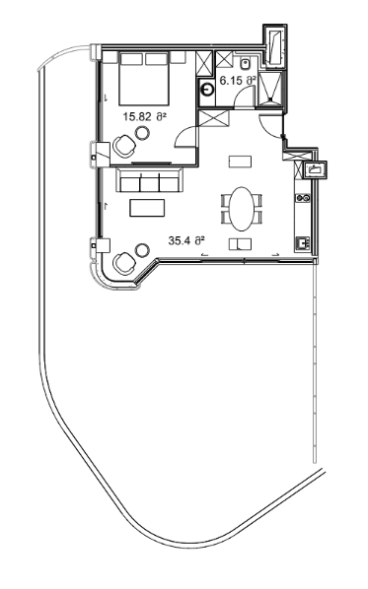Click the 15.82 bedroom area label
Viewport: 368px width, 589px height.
click(143, 116)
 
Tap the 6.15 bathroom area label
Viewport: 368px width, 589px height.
click(237, 79)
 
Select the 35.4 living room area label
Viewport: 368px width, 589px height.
click(185, 239)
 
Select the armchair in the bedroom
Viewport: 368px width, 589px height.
click(125, 146)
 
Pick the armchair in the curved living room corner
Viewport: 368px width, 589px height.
click(124, 264)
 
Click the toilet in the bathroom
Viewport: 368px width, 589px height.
click(244, 63)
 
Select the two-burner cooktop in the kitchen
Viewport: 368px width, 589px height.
click(304, 198)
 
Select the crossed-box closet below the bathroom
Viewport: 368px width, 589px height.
click(212, 119)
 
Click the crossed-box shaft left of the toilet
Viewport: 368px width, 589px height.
click(205, 63)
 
